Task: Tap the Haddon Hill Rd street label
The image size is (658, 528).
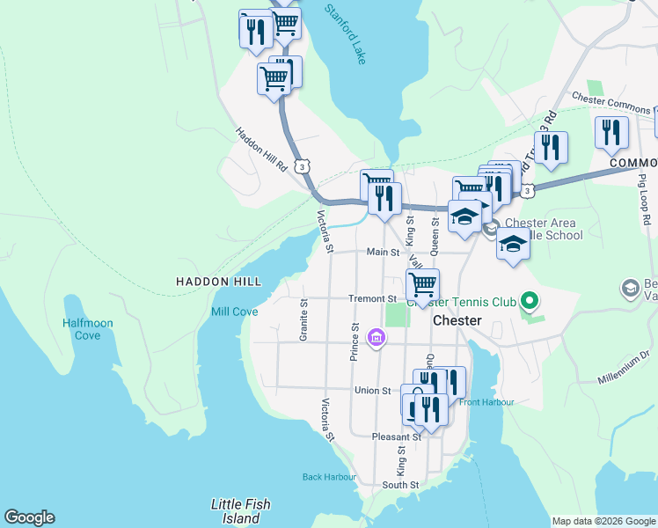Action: tap(261, 149)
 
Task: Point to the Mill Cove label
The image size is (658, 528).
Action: tap(234, 312)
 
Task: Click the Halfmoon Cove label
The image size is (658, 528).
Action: tap(88, 329)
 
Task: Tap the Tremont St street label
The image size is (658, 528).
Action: tap(372, 298)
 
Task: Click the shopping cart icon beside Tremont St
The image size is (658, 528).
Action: tap(423, 284)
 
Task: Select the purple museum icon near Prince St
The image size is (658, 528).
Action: tap(377, 338)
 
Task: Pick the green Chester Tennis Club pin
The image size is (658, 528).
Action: tap(528, 302)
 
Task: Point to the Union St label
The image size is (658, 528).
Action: tap(372, 390)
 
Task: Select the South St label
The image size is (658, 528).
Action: tap(400, 484)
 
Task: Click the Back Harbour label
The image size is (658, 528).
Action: tap(329, 477)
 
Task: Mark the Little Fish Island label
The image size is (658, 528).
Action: tap(240, 511)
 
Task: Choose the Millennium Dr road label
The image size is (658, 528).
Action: tap(622, 367)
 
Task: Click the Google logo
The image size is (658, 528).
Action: tap(29, 517)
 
